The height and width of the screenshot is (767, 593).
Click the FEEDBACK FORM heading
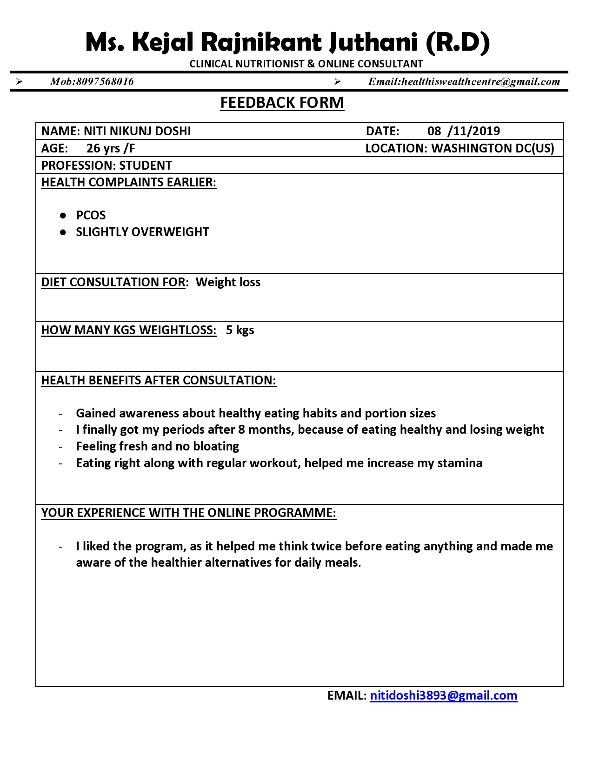click(x=282, y=103)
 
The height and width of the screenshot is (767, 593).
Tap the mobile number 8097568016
click(x=105, y=82)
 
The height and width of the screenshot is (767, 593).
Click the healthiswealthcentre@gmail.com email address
click(x=480, y=82)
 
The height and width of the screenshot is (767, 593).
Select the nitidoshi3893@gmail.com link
click(x=443, y=695)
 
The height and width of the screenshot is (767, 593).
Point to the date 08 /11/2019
click(x=463, y=131)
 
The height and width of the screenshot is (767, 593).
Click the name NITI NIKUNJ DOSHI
click(x=137, y=131)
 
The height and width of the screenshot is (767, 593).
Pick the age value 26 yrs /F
click(x=111, y=148)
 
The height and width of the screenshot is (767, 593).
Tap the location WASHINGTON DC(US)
click(x=493, y=148)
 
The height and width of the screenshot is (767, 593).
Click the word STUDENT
click(x=146, y=165)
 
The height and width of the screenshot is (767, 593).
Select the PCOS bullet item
click(x=91, y=215)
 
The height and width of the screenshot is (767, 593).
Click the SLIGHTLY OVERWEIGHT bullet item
click(x=142, y=232)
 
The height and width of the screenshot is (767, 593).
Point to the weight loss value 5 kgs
click(x=240, y=330)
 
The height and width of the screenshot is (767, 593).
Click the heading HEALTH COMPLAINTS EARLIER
click(x=129, y=182)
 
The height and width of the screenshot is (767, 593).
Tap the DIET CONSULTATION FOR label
click(x=113, y=282)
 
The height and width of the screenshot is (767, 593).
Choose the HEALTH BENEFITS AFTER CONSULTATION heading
click(x=159, y=380)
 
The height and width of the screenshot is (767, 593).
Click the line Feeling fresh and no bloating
click(x=157, y=446)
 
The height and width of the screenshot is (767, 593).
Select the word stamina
click(x=460, y=463)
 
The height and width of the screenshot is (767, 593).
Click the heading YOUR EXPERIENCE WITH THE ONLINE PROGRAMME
click(x=188, y=513)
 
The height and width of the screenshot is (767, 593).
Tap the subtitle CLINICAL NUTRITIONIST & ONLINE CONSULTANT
click(x=306, y=64)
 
